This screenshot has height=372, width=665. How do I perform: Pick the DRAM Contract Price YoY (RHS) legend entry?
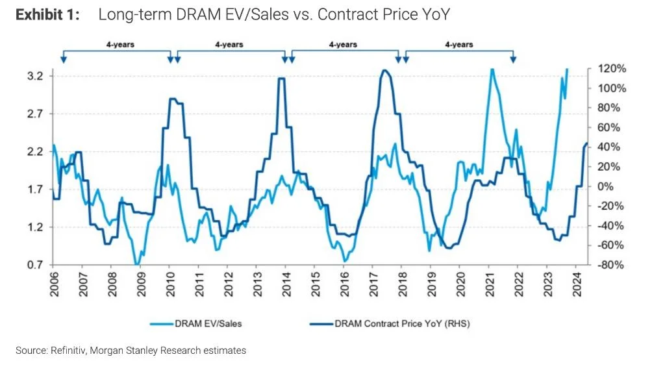(390, 323)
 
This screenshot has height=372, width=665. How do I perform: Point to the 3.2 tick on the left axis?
(34, 77)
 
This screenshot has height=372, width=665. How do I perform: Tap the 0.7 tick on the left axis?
(34, 265)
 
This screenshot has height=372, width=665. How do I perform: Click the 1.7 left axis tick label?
(34, 190)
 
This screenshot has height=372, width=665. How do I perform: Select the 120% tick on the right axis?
(612, 68)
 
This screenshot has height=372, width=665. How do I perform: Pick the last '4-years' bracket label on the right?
(458, 45)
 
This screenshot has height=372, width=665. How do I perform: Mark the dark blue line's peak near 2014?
(281, 79)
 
